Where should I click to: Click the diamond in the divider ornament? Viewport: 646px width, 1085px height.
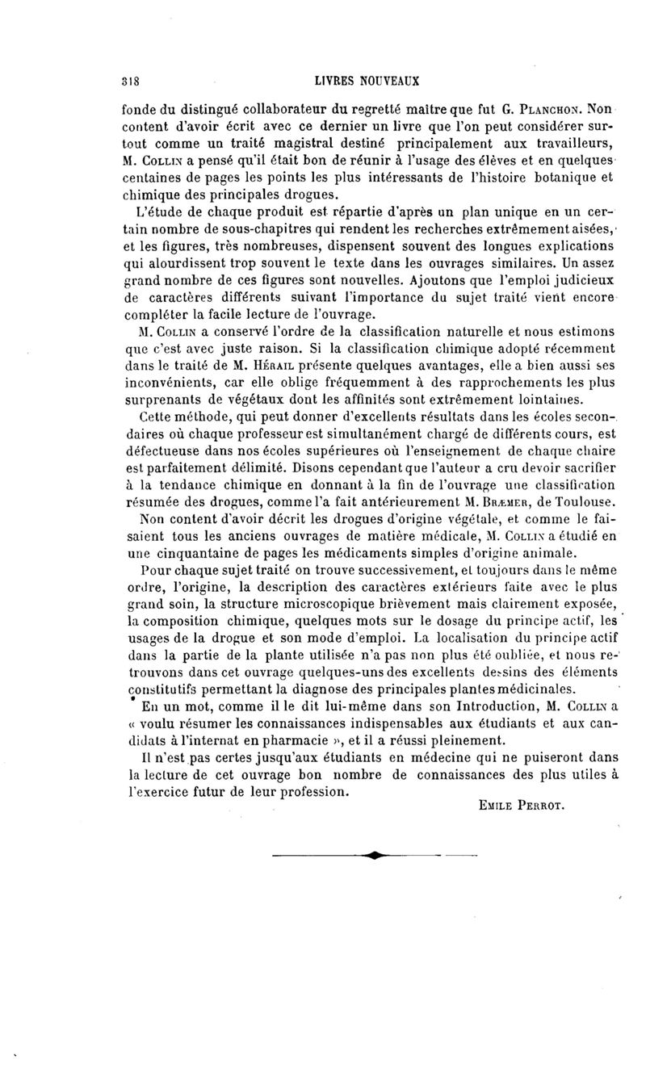coord(375,853)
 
